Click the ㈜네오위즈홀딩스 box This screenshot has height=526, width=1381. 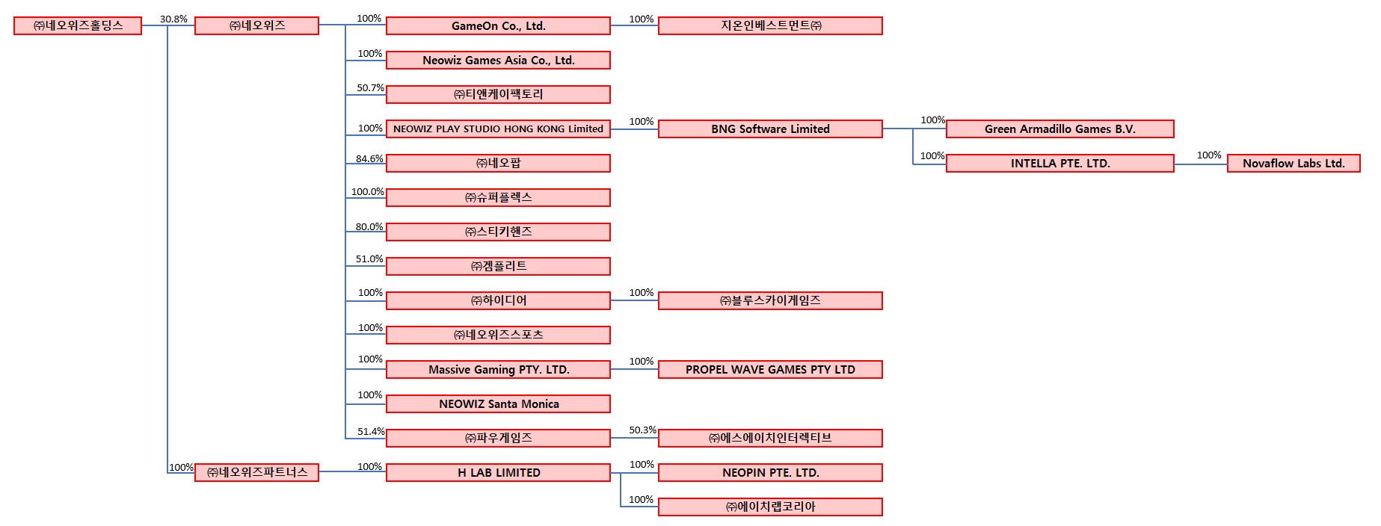click(78, 26)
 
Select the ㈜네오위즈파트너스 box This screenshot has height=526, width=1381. click(256, 473)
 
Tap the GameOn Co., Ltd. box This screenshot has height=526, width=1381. click(498, 26)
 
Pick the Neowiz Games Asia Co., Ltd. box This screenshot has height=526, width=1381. click(498, 61)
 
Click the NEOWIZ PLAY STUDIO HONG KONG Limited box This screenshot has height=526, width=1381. click(498, 129)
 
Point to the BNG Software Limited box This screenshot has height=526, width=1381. click(770, 129)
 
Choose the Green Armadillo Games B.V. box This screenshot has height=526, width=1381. click(1059, 129)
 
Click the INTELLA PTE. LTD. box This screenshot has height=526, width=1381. click(1059, 164)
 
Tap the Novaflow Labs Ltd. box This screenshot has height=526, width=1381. click(1294, 164)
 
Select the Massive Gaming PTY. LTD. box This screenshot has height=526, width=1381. click(498, 370)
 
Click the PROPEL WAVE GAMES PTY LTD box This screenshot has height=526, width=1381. click(770, 370)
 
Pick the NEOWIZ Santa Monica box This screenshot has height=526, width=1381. click(498, 404)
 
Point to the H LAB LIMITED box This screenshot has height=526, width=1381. click(498, 473)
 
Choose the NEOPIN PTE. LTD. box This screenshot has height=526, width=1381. click(770, 473)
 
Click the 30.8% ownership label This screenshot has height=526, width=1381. click(173, 19)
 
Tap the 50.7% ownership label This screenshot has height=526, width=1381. click(370, 88)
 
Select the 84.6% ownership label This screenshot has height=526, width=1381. click(369, 159)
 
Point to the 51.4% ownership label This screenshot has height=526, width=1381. click(371, 432)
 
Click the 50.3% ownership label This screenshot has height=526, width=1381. click(642, 430)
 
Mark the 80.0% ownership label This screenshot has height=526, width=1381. click(369, 227)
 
